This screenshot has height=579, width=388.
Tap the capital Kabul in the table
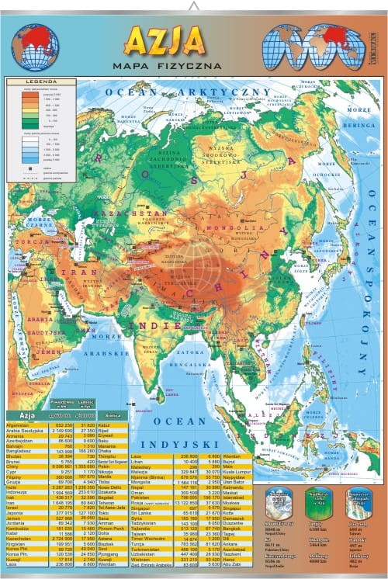click(x=106, y=425)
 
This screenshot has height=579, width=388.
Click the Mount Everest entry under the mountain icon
click(x=278, y=525)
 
